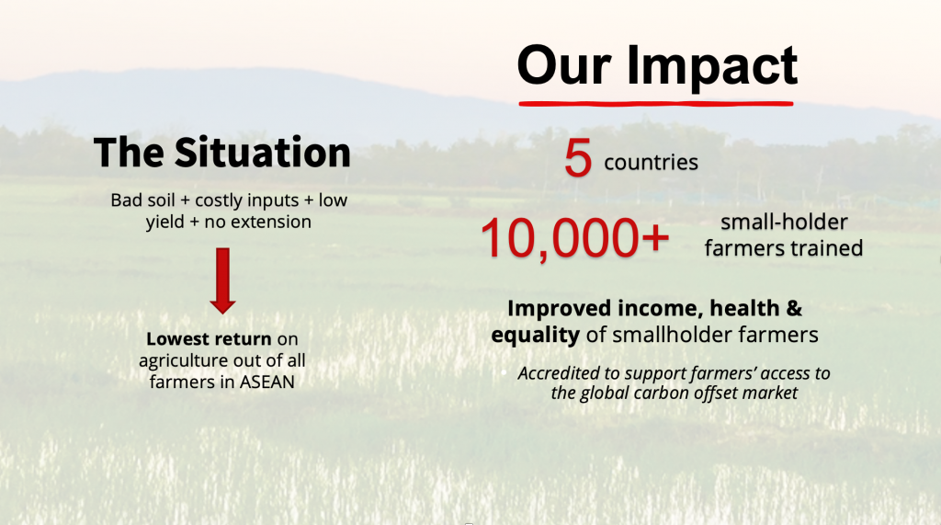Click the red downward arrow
[222, 280]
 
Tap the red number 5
[578, 158]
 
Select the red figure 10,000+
[574, 238]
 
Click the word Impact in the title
[712, 67]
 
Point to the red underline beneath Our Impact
[656, 104]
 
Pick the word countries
[652, 162]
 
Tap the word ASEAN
[267, 382]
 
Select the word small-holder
[784, 223]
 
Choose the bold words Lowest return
[209, 338]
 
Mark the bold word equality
[536, 336]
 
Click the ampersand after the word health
[794, 308]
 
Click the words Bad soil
[142, 200]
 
